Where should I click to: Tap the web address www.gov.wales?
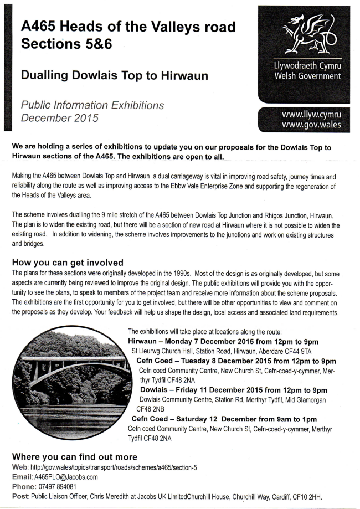coord(311,125)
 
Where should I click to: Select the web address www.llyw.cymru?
coord(311,115)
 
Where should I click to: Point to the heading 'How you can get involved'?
coord(67,262)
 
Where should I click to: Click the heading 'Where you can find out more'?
coord(74,457)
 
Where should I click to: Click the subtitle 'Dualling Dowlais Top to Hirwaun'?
coord(114,76)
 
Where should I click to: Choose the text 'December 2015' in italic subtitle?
coord(59,117)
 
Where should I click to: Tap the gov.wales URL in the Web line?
coord(111,467)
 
